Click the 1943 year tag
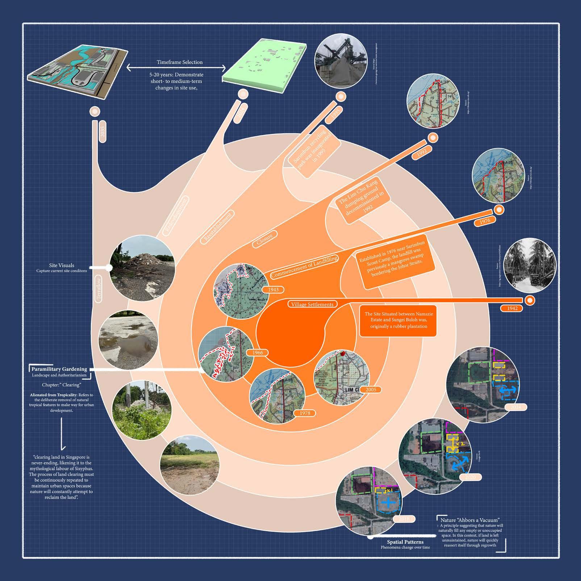(x=273, y=290)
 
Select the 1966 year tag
(x=258, y=352)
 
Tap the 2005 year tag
(x=371, y=389)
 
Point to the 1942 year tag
(x=512, y=308)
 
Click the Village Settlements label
(x=312, y=304)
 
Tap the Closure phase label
(x=264, y=239)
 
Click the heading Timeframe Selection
(x=179, y=62)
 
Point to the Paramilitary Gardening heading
(x=59, y=369)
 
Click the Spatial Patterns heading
(x=405, y=542)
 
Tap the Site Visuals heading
(x=62, y=266)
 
